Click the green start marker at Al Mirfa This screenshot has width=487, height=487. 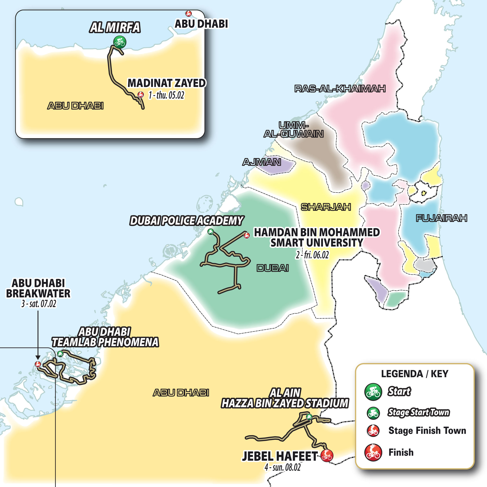(x=119, y=42)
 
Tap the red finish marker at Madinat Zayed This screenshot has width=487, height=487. (x=141, y=94)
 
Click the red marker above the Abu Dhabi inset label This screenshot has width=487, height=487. (x=188, y=13)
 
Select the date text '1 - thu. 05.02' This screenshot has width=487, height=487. (x=166, y=95)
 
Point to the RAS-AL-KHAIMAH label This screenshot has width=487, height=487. (x=340, y=89)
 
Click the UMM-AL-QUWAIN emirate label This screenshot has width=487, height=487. (x=294, y=130)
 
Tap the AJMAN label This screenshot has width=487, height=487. (x=262, y=162)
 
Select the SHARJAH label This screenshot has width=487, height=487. (x=326, y=207)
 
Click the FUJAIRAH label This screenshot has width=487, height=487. (x=441, y=218)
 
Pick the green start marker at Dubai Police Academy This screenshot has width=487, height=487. (x=210, y=231)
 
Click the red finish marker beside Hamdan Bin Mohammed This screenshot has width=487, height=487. (x=246, y=235)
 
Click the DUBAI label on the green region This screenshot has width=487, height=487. (x=273, y=268)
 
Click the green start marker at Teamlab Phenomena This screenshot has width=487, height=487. (x=60, y=354)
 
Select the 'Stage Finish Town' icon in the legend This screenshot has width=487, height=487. (x=373, y=431)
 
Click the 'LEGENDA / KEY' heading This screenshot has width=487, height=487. (x=415, y=374)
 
